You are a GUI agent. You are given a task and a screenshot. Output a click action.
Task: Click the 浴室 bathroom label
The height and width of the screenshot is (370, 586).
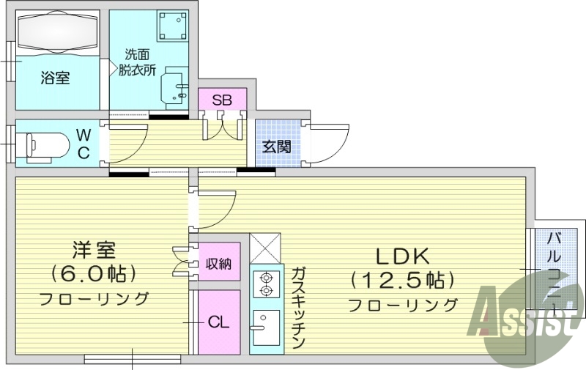(x=55, y=78)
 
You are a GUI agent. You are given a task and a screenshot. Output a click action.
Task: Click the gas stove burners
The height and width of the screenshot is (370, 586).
(x=264, y=284)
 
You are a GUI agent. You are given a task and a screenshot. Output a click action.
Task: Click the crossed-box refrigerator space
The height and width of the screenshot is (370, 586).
(x=264, y=249)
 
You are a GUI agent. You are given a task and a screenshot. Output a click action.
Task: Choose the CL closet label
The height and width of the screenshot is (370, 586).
(x=217, y=322)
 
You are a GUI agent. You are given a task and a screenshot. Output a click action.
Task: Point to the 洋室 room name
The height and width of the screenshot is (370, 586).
(x=93, y=250)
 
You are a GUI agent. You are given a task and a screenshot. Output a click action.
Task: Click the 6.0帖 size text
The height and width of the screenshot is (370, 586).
(x=93, y=275)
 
